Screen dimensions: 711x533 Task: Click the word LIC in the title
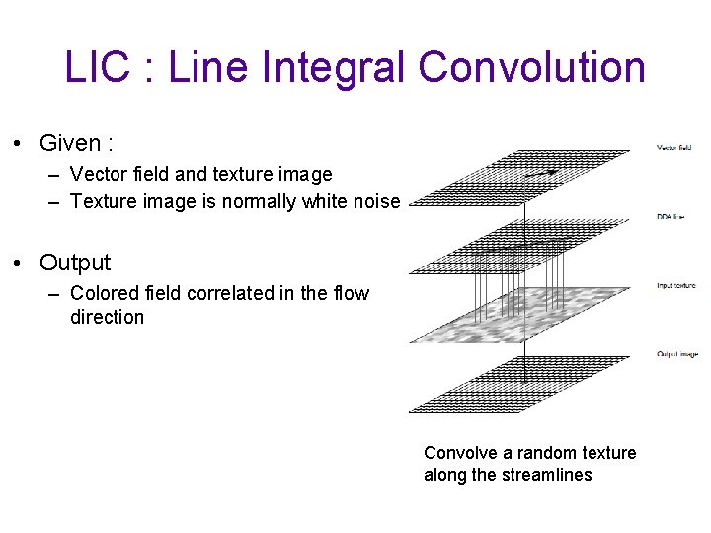(x=97, y=67)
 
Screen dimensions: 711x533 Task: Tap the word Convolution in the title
(x=531, y=67)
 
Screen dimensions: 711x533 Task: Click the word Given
(x=70, y=143)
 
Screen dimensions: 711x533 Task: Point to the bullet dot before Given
(x=19, y=144)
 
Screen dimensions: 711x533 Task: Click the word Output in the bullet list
(x=75, y=263)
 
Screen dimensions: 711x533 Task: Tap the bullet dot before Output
(x=19, y=264)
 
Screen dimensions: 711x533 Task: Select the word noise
(x=375, y=202)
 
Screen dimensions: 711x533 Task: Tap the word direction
(x=107, y=317)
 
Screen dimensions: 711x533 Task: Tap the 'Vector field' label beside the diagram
(x=674, y=148)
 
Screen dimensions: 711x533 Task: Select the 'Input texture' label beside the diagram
(x=676, y=286)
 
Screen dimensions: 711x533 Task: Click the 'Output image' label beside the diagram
(x=676, y=354)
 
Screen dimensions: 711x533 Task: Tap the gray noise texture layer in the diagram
(x=518, y=314)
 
